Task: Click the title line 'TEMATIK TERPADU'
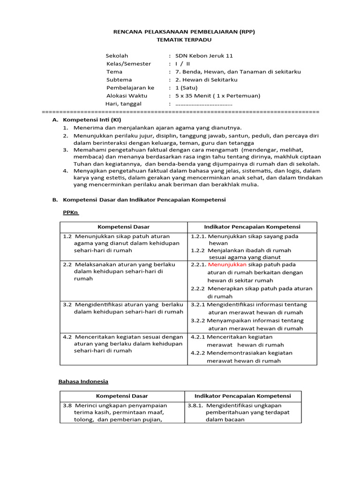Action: [x=180, y=40]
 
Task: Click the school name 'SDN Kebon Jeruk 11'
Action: [x=204, y=56]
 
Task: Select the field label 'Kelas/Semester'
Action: [x=129, y=64]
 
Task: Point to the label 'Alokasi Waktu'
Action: [x=127, y=96]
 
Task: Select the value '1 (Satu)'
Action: [x=187, y=88]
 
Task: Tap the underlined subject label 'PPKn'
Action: [x=71, y=212]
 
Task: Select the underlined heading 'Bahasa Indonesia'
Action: [x=83, y=382]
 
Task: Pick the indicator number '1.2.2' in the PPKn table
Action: [x=199, y=250]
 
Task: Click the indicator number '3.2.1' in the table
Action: [x=198, y=304]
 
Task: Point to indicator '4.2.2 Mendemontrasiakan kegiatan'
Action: [x=241, y=353]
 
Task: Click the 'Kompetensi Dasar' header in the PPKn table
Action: [x=124, y=227]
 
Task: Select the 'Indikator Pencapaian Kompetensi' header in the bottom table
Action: [x=243, y=396]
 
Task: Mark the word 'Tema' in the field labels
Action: [x=114, y=72]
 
